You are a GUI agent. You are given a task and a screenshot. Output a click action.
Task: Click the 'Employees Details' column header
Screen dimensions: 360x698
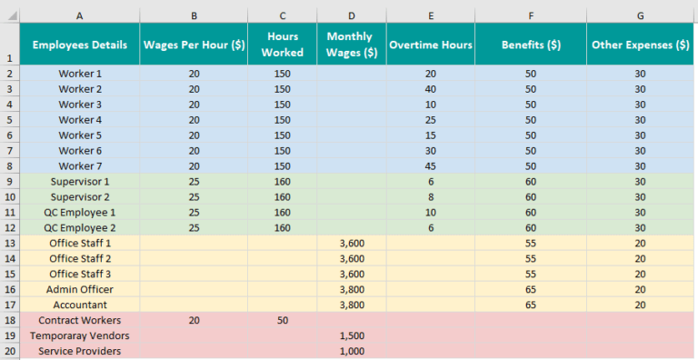click(80, 45)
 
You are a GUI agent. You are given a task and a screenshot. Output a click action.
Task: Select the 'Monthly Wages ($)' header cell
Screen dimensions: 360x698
click(352, 45)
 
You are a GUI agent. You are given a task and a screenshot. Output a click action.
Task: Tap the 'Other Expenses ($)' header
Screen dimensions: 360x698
click(640, 45)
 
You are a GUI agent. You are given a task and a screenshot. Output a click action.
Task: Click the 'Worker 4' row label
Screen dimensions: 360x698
click(80, 120)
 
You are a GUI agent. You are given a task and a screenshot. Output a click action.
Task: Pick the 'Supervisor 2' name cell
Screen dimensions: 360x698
click(80, 196)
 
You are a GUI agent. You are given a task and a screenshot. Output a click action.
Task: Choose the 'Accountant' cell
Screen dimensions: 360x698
click(80, 305)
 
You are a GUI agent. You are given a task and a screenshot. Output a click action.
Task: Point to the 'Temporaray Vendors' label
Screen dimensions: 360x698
click(80, 335)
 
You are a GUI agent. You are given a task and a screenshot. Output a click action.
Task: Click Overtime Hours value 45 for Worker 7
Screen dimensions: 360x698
click(430, 165)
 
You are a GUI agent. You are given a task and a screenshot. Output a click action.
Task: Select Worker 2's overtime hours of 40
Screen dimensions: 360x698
click(430, 89)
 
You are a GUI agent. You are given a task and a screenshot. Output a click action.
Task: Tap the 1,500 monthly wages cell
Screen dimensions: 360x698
click(352, 335)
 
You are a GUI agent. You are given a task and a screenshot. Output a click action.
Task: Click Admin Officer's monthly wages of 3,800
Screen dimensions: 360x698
click(352, 289)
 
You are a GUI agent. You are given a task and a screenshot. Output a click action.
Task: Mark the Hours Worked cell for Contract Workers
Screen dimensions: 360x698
click(283, 320)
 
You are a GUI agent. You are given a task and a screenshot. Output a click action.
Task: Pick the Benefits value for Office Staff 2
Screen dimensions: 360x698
click(530, 258)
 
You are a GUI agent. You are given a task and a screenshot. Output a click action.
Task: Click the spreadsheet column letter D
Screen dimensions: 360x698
click(352, 15)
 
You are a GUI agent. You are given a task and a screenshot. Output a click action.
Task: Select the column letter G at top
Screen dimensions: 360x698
click(640, 15)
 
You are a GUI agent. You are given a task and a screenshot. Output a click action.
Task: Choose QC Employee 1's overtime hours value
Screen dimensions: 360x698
click(430, 212)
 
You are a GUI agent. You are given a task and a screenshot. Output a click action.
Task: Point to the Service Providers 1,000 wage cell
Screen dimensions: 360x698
click(352, 351)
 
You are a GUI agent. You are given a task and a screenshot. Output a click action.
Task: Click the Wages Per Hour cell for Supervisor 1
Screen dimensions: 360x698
click(194, 181)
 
